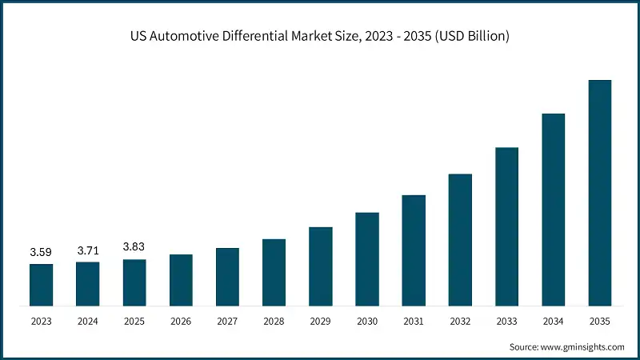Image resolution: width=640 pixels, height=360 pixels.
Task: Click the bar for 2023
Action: [41, 285]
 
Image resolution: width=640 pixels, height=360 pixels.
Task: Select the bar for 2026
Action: [181, 280]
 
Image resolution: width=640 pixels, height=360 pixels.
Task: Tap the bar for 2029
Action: [321, 266]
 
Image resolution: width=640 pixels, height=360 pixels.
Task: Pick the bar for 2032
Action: [460, 240]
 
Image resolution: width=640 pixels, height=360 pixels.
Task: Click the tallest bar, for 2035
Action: [600, 193]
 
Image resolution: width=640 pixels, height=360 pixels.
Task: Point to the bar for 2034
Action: [554, 210]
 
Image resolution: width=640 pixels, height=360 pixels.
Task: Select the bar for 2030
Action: [367, 259]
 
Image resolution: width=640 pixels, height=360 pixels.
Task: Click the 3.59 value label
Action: [41, 253]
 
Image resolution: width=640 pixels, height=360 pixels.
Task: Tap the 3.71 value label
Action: [87, 251]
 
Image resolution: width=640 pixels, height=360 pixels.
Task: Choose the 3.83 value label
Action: [134, 248]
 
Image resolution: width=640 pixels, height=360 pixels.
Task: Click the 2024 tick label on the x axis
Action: [87, 322]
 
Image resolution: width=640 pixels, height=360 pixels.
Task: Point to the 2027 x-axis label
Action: [227, 322]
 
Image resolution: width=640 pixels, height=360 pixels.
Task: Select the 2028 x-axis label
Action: [274, 322]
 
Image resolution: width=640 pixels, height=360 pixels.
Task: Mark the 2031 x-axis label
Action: [414, 322]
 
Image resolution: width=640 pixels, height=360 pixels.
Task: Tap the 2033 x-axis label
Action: [506, 322]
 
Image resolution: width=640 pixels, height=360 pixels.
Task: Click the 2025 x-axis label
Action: [134, 322]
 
